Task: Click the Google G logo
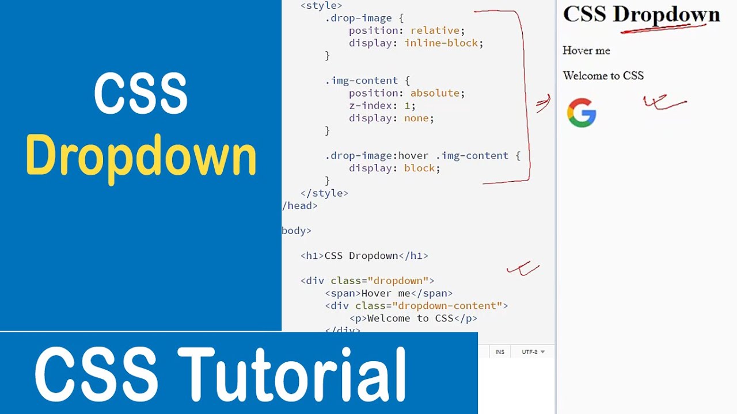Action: [581, 113]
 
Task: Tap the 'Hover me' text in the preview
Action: [586, 51]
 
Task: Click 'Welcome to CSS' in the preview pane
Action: [603, 76]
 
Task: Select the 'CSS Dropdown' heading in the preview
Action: [641, 14]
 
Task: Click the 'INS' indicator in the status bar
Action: [500, 352]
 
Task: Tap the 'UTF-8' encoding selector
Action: [533, 352]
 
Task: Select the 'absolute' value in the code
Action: [435, 93]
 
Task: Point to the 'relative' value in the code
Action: [435, 30]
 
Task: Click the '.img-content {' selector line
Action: [367, 80]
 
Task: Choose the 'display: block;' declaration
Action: [394, 168]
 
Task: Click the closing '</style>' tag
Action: [324, 193]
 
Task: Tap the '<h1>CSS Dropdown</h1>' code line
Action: [364, 256]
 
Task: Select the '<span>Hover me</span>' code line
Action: [389, 293]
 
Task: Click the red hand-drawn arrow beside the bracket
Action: [543, 103]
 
